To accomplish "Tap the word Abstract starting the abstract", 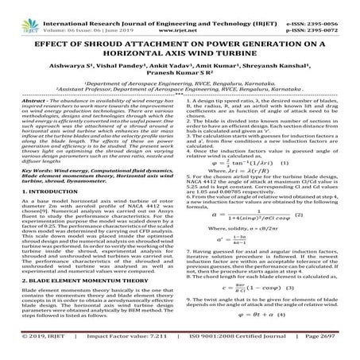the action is click(x=33, y=104).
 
